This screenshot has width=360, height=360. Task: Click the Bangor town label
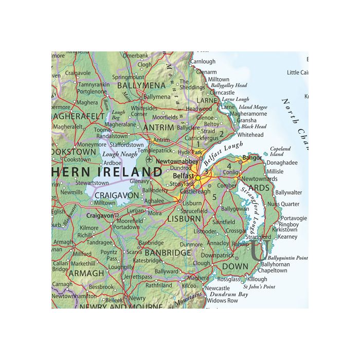point(252,157)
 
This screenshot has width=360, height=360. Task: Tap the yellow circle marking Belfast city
point(197,177)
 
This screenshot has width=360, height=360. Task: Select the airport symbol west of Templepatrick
point(149,159)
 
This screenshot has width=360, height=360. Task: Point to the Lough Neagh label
point(119,154)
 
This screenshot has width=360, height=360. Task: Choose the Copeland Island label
point(280,151)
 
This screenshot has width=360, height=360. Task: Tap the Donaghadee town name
point(282,162)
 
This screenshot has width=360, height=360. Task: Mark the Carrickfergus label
point(201,138)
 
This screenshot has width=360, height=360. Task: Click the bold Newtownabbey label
point(176,161)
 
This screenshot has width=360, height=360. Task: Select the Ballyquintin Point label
point(288,257)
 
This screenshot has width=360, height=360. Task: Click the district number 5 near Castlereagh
point(214,196)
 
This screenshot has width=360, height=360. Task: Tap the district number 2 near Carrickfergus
point(221,134)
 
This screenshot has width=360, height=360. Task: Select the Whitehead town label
point(250,135)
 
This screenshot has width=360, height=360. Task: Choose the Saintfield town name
point(224,222)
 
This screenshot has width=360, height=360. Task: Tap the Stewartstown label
point(92,183)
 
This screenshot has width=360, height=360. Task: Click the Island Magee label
point(252,106)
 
